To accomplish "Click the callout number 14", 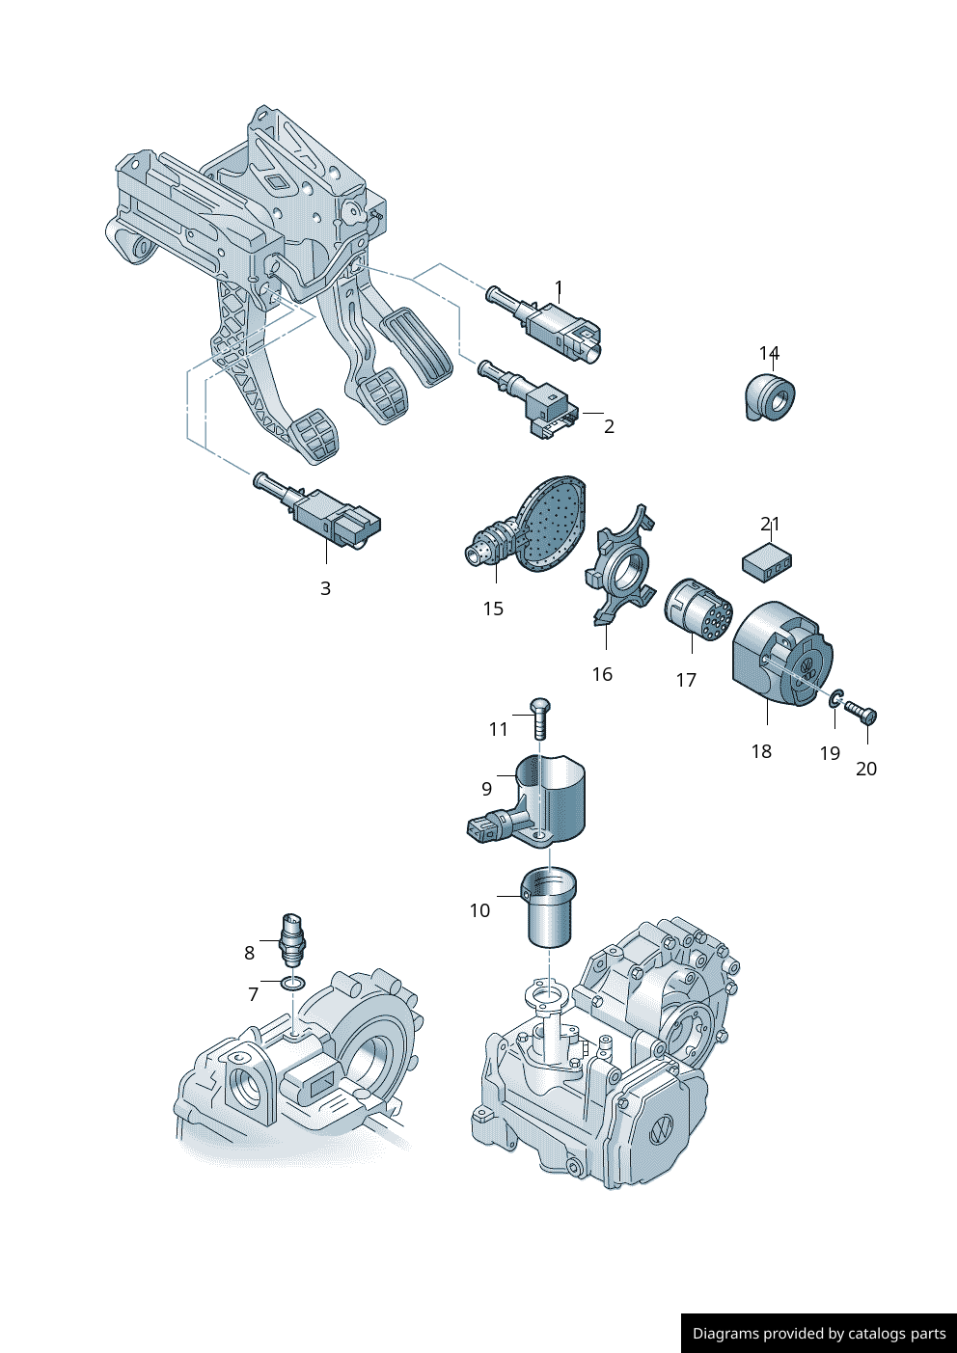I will tap(769, 354).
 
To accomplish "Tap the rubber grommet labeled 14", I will tap(772, 397).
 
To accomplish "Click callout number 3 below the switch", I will tap(325, 588).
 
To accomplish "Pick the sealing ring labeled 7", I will tap(292, 983).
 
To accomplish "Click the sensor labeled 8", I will tap(292, 938).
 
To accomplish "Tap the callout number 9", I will tap(487, 789).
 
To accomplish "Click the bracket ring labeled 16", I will tap(617, 572).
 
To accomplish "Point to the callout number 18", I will tap(761, 751).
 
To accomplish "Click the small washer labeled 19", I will tap(835, 697).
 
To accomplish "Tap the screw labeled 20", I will tap(861, 713).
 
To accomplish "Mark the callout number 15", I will tap(493, 609).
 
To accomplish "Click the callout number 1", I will tap(559, 287).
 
